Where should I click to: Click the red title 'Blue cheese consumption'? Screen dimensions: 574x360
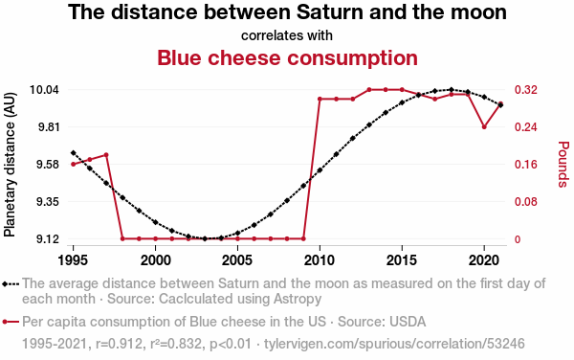287,57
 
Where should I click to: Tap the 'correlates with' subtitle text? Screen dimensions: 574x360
287,35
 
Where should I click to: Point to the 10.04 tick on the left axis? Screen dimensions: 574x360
44,89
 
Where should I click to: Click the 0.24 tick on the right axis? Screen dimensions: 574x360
526,126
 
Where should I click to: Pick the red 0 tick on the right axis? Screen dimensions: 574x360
518,239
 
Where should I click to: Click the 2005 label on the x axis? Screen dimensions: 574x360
237,260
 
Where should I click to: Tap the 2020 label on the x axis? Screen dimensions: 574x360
484,260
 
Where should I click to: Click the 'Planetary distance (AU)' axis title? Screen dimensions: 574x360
10,165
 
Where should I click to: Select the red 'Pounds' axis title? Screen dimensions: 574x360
563,165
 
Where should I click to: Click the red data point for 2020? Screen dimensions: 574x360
484,126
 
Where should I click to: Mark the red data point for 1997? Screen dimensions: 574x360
106,155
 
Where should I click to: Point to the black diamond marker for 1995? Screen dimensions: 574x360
74,153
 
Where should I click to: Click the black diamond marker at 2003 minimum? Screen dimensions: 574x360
205,238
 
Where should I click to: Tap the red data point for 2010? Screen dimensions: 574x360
320,99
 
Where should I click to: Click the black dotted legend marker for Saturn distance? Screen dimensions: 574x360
11,284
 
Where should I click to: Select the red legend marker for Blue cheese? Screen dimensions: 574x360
11,322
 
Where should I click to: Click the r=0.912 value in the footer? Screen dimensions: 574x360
119,344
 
